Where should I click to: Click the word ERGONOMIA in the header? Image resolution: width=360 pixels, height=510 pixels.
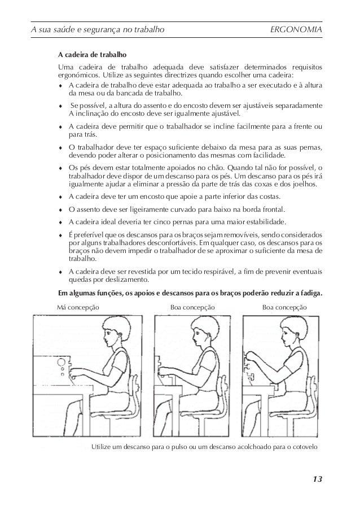[297, 29]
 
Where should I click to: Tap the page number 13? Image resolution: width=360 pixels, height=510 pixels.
[317, 479]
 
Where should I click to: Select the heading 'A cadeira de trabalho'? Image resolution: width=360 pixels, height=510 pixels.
[92, 56]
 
